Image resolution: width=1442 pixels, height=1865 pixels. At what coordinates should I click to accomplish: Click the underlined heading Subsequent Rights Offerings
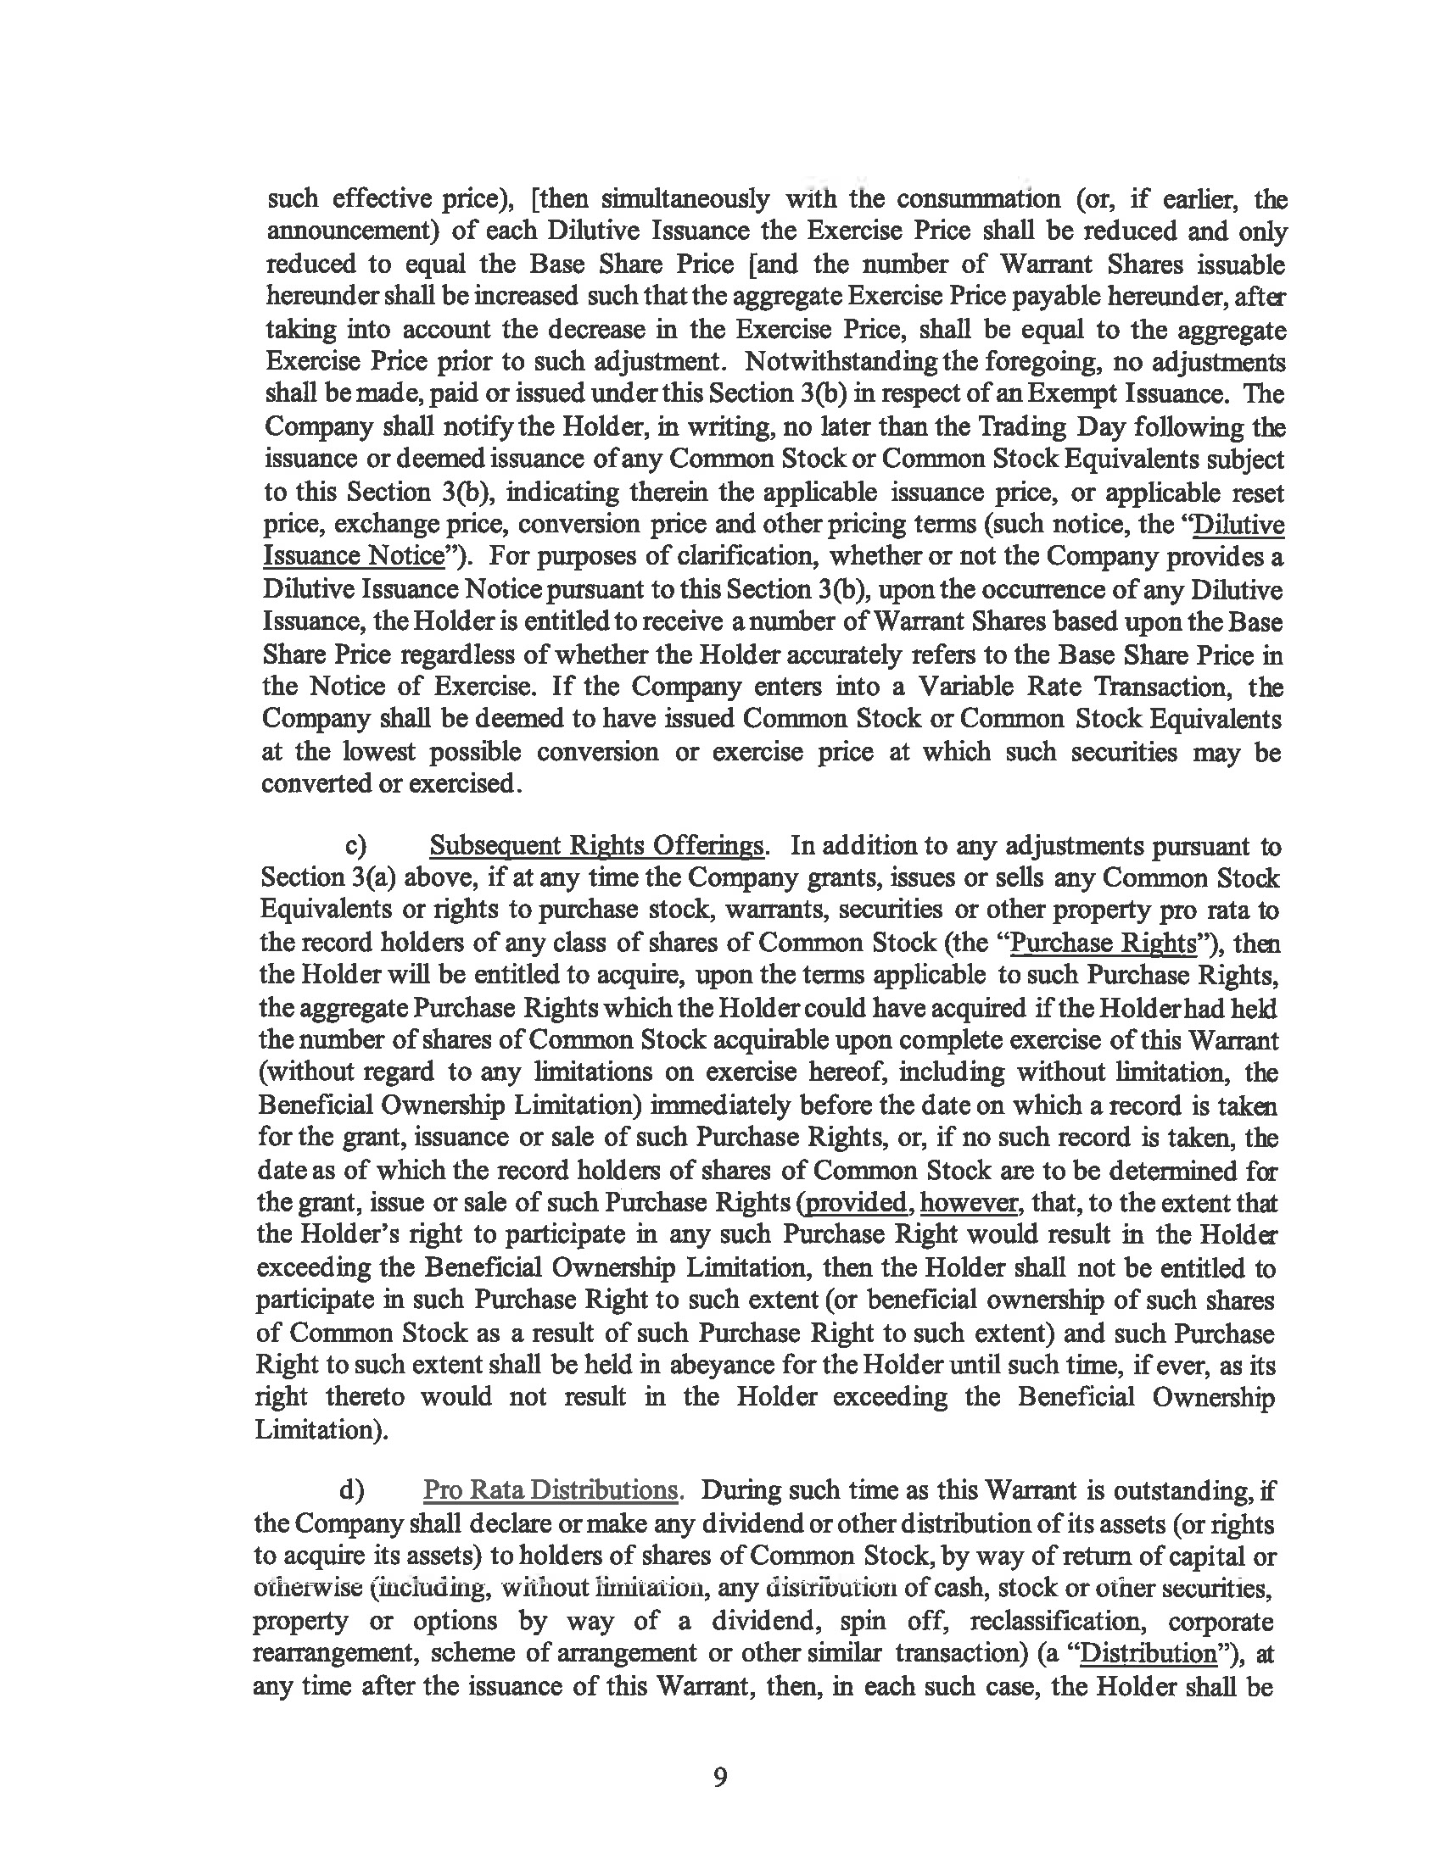[595, 845]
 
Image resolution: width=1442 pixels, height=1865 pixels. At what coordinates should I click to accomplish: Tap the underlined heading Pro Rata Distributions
[551, 1490]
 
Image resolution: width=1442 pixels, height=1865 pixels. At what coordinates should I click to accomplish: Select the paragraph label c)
[356, 845]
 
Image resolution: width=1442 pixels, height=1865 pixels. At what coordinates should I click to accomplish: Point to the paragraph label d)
[352, 1490]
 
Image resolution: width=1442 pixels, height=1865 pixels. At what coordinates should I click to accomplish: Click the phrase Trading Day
[1033, 426]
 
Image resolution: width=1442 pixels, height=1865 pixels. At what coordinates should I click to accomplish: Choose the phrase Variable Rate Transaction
[1014, 687]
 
